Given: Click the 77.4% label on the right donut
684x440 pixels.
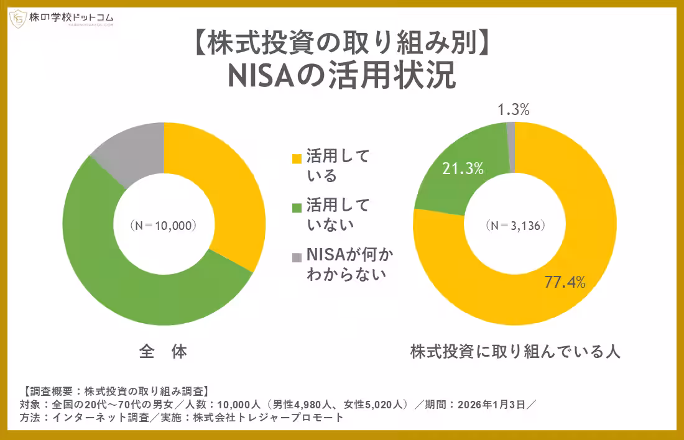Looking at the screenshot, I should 565,282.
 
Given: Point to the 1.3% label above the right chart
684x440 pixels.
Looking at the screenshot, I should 514,111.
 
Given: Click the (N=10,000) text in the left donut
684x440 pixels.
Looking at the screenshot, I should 164,225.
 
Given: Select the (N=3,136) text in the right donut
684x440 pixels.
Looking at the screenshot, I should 515,225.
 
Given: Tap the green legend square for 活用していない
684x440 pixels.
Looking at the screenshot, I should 296,206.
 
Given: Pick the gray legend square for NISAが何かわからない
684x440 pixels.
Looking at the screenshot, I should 296,257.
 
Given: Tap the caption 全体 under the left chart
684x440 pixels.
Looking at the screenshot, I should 163,352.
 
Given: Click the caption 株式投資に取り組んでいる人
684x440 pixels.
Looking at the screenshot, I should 515,352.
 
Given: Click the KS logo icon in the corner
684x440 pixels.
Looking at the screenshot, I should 17,19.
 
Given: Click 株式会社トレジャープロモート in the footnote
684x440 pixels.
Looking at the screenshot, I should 268,418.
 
